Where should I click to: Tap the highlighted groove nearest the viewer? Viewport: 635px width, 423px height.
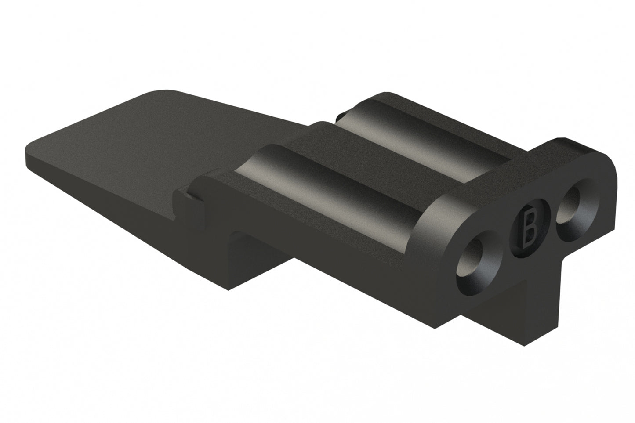pyautogui.click(x=334, y=184)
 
